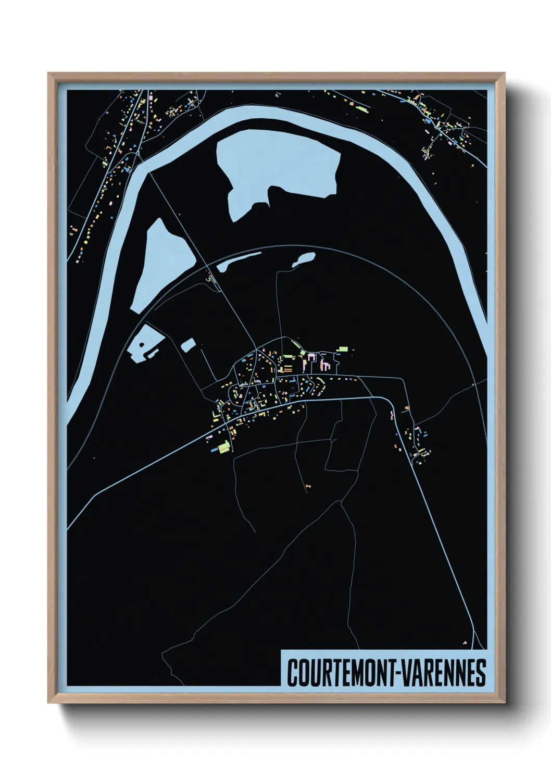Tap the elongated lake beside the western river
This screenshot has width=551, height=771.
(162, 263)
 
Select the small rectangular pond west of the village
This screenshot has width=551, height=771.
(188, 344)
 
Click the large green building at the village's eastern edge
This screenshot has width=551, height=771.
(343, 349)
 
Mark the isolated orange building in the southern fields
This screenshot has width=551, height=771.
(308, 486)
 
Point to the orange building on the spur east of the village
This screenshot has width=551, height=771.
(407, 407)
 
